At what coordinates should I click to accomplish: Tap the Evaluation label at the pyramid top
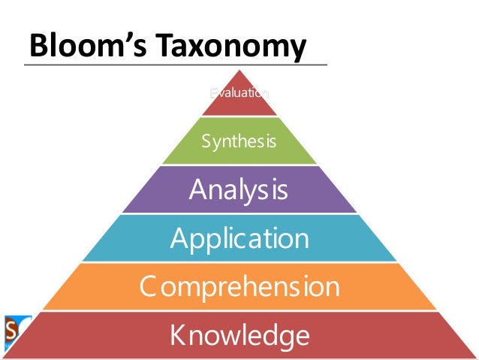[x=239, y=93]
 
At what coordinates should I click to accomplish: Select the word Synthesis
[x=239, y=141]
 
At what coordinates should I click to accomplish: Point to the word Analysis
[x=239, y=189]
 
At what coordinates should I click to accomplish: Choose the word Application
[x=239, y=238]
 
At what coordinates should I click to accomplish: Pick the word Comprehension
[x=239, y=286]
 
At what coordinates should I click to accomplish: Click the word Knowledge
[x=239, y=334]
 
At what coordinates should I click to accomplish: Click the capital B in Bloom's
[x=38, y=47]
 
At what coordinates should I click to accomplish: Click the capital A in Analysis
[x=198, y=189]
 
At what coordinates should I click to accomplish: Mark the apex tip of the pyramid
[x=239, y=70]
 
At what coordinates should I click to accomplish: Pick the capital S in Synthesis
[x=206, y=141]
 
